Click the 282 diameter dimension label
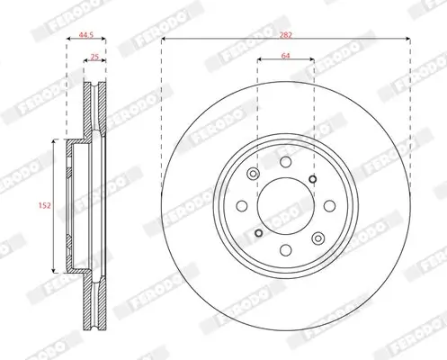(x=286, y=35)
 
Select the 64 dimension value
(x=286, y=56)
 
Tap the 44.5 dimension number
(x=86, y=34)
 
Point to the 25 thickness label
(x=94, y=57)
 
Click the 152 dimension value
(x=44, y=206)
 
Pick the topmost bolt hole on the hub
(x=286, y=162)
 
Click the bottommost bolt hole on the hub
(x=286, y=250)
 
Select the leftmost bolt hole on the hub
(x=242, y=206)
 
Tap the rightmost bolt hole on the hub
(x=330, y=206)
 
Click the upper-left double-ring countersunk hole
(x=254, y=174)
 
